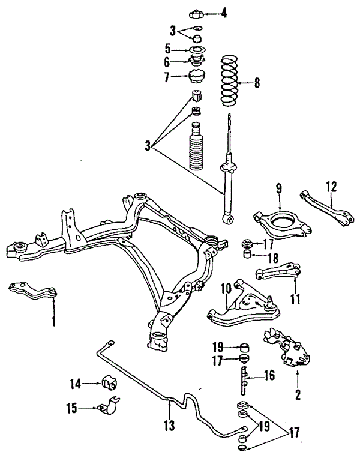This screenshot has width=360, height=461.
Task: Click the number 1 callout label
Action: pyautogui.click(x=54, y=322)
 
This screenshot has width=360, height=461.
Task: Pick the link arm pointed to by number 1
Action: pyautogui.click(x=34, y=291)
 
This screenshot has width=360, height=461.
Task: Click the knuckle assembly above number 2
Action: pyautogui.click(x=287, y=351)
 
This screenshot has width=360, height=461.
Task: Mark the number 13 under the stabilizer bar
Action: pyautogui.click(x=170, y=426)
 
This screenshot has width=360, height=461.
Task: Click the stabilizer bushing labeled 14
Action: pyautogui.click(x=110, y=382)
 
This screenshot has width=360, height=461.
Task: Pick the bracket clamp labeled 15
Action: pyautogui.click(x=112, y=408)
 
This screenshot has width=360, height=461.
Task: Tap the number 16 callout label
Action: pyautogui.click(x=269, y=376)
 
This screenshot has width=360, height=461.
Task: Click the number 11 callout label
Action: pyautogui.click(x=295, y=298)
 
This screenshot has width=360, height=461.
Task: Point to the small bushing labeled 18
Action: pyautogui.click(x=245, y=257)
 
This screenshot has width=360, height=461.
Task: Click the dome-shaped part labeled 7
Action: pyautogui.click(x=197, y=79)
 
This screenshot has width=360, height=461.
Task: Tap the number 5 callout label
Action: pyautogui.click(x=169, y=49)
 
